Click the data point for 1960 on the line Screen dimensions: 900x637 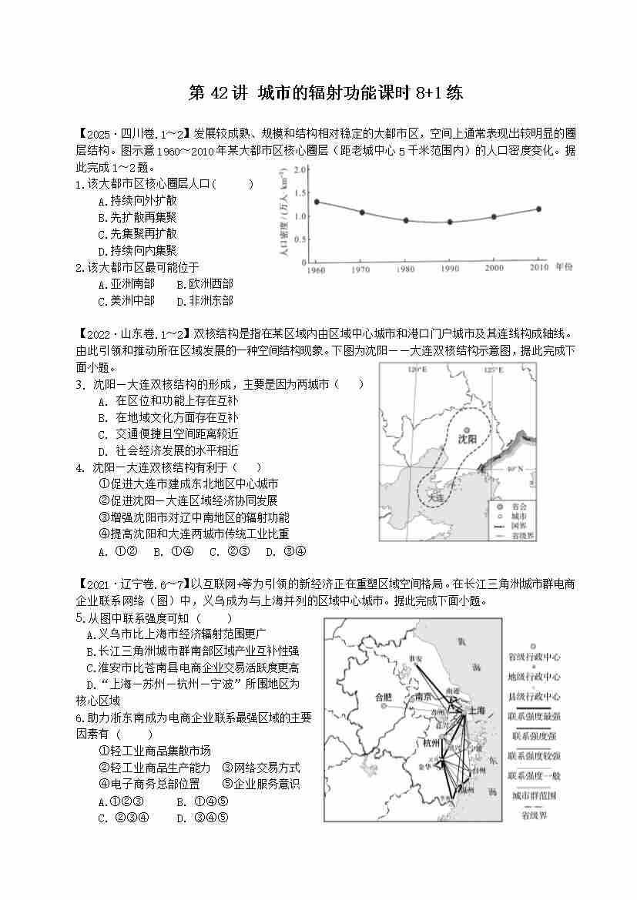317,202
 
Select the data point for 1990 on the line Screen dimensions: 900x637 450,222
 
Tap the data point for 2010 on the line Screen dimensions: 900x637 538,209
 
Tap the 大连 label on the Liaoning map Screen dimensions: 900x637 436,497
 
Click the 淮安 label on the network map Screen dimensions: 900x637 417,658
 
